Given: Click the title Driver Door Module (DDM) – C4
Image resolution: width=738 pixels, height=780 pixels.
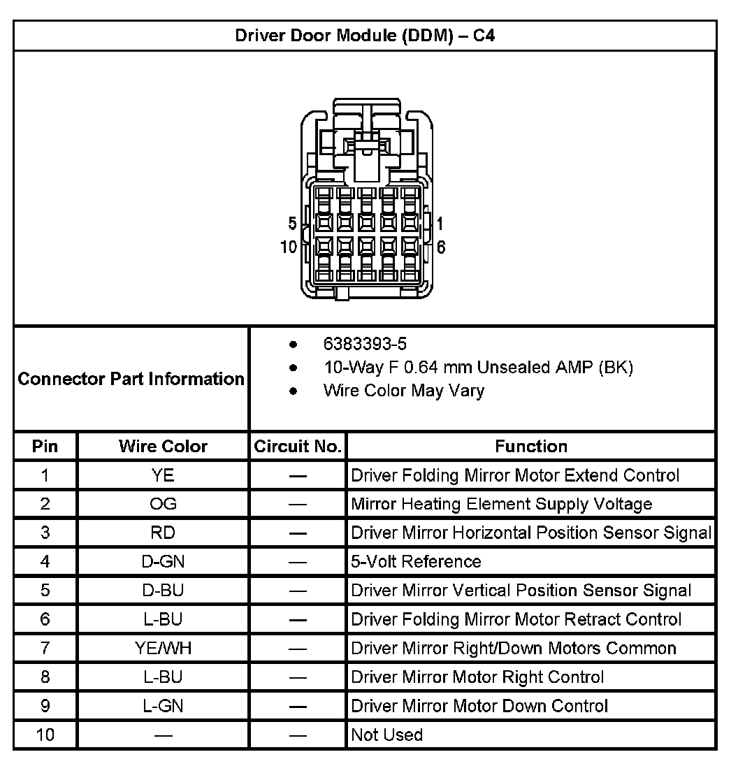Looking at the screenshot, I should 365,36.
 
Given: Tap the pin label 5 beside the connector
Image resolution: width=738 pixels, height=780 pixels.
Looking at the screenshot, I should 292,224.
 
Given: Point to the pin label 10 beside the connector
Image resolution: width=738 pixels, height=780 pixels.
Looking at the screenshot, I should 289,247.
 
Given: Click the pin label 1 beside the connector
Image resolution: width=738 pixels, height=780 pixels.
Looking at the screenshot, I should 440,224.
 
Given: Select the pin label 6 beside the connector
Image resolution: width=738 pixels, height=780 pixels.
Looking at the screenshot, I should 441,247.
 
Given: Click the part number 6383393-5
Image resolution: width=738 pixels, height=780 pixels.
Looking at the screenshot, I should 365,344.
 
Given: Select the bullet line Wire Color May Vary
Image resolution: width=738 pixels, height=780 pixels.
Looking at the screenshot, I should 403,391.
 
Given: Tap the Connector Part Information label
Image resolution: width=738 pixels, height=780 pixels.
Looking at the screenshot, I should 131,379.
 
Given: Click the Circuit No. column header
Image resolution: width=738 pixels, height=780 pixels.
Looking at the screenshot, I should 298,446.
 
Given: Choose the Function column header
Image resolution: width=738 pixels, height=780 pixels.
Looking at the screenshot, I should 531,446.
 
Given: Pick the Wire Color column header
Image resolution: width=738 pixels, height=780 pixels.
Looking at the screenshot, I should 163,446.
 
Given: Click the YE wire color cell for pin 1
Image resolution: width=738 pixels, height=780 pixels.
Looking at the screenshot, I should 163,475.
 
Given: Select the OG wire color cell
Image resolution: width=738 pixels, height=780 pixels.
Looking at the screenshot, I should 163,504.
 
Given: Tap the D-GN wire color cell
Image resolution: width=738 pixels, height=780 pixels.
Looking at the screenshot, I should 163,561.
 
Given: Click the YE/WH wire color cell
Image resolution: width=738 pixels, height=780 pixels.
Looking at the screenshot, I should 163,648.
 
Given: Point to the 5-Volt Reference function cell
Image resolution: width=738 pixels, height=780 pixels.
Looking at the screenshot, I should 416,561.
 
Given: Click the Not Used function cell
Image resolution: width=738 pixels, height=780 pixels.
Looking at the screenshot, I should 386,735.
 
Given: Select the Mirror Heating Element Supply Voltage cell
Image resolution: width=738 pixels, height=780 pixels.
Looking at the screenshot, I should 501,504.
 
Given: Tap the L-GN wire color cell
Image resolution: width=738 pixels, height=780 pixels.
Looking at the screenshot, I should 163,706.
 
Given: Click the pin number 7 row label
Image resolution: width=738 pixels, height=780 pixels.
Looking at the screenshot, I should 45,648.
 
